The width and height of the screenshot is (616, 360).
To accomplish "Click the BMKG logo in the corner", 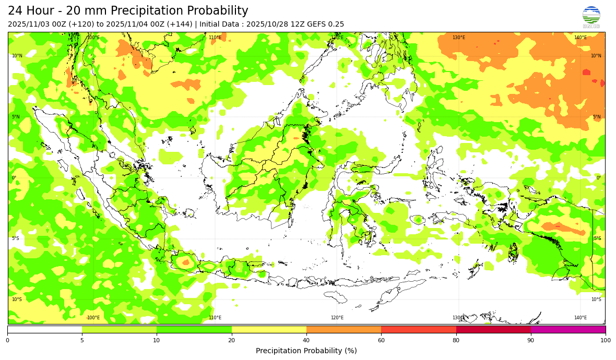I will coord(591,17).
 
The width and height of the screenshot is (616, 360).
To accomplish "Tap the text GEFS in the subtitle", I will coord(312,24).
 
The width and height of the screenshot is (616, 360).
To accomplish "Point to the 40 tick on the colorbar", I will coord(306,340).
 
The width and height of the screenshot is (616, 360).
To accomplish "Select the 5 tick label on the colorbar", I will coord(82,341).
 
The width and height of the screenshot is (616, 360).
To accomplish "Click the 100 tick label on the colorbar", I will coord(605,341).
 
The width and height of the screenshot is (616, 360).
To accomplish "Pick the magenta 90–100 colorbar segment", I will coord(568,329).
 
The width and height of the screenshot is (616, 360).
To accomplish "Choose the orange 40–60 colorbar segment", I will coord(343,329).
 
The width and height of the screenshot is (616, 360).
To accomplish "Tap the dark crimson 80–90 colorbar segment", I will coord(493,329).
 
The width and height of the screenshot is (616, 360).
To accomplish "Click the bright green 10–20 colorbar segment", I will coord(194,329).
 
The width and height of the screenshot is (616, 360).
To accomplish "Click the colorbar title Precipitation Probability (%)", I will coord(306,351).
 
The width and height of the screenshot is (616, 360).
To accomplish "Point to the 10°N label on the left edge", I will coord(17,56).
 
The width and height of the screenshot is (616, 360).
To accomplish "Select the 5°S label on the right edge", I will coord(597,238).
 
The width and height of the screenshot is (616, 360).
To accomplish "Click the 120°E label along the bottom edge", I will coord(337,318).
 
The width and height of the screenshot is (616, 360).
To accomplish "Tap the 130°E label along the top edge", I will coord(458,38).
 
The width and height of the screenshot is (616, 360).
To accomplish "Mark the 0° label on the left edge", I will coord(14,178).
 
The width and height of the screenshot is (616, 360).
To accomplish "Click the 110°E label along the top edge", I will coord(215,38).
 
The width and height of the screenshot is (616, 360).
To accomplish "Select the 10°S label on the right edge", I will coord(596,299).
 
